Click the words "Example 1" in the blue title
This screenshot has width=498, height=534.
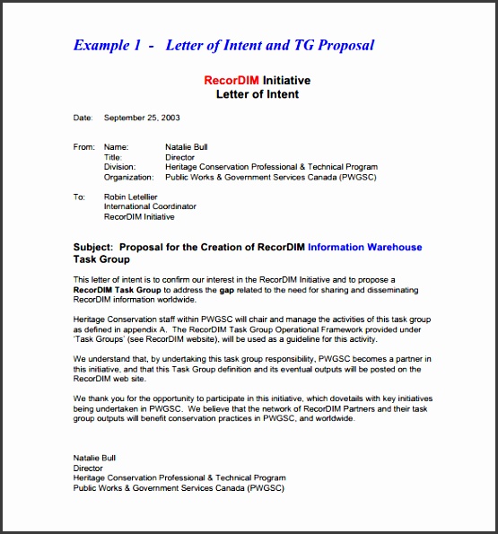pyautogui.click(x=106, y=45)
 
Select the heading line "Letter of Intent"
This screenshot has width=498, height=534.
pyautogui.click(x=258, y=93)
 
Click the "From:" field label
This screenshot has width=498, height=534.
pyautogui.click(x=83, y=146)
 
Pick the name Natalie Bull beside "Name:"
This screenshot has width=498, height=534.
pyautogui.click(x=188, y=146)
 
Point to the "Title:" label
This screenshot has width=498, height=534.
pyautogui.click(x=114, y=157)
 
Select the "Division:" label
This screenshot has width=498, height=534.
pyautogui.click(x=120, y=167)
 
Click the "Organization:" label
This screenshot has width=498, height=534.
pyautogui.click(x=128, y=178)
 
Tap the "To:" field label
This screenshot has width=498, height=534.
pyautogui.click(x=79, y=196)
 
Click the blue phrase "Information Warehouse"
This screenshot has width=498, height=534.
pyautogui.click(x=364, y=247)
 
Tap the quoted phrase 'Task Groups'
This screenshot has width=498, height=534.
pyautogui.click(x=98, y=340)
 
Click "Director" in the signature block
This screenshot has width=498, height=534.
pyautogui.click(x=88, y=468)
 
